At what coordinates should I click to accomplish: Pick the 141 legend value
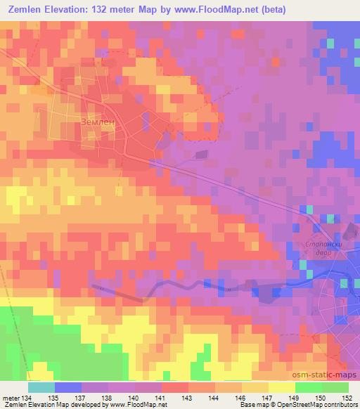click(162, 398)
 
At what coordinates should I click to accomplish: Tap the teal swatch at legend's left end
click(41, 387)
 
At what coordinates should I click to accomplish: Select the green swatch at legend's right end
click(335, 387)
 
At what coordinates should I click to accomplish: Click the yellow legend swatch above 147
click(282, 387)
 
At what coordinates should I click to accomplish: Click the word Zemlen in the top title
click(29, 11)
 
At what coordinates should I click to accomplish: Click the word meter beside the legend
click(11, 398)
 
